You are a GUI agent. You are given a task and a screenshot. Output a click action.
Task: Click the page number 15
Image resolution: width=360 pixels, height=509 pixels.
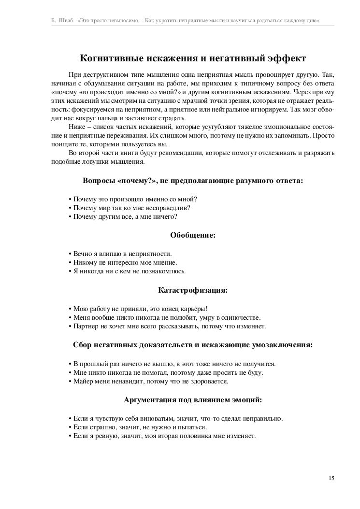pos(331,478)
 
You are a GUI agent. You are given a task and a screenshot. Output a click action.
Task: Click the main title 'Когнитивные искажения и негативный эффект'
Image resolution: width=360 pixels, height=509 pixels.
pos(193,58)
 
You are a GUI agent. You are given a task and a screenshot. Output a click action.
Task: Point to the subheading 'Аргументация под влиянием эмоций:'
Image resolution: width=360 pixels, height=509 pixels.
pos(193,400)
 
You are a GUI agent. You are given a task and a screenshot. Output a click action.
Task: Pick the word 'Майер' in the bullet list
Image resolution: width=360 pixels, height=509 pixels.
pos(83,381)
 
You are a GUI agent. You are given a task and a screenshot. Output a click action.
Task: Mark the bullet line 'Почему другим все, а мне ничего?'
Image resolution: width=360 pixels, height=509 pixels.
pos(123,217)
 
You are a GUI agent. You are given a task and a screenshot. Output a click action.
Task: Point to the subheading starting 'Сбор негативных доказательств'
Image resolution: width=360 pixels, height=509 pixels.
pos(193,345)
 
